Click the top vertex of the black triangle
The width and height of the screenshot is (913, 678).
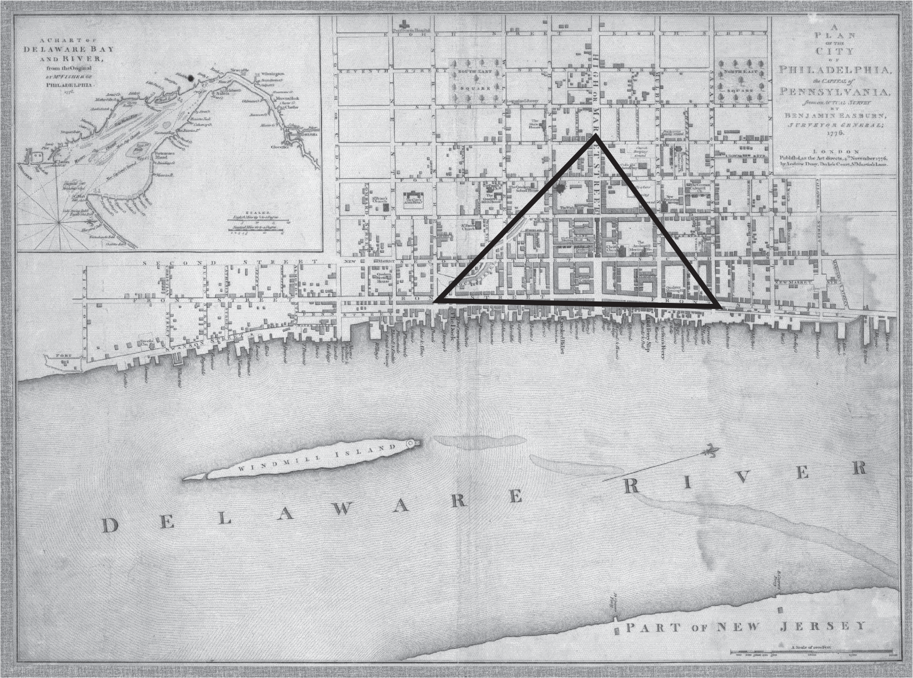click(596, 136)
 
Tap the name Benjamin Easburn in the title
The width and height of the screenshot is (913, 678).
click(836, 115)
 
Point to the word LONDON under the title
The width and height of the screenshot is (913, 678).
click(836, 151)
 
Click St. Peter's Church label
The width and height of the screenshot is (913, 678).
click(379, 199)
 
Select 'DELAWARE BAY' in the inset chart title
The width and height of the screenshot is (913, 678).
click(69, 50)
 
